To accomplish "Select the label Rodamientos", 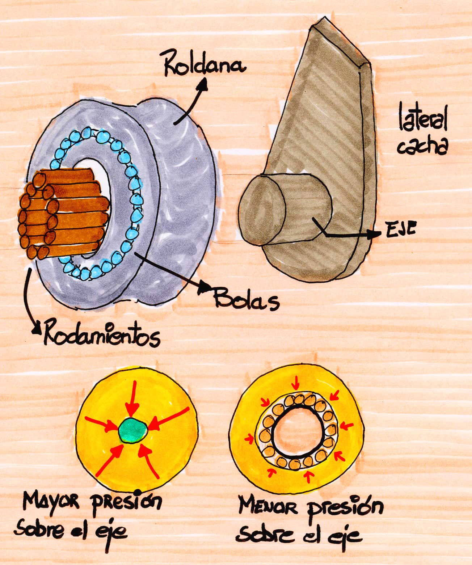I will click(x=101, y=336).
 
